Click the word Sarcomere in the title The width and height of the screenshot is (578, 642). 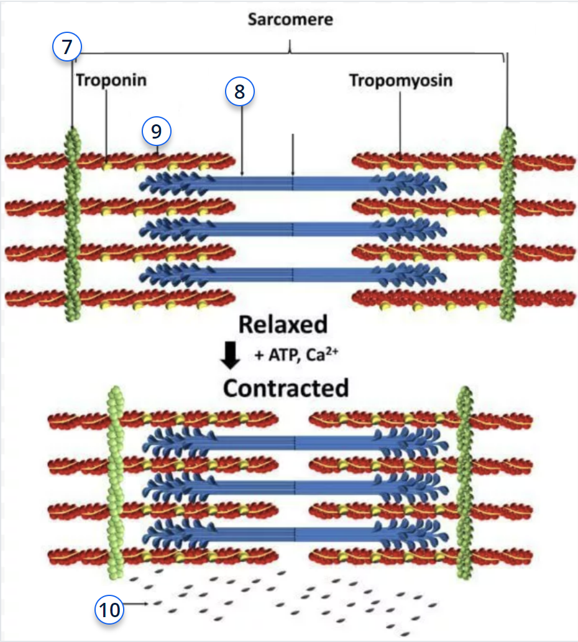(290, 19)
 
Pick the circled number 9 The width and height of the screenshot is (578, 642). (156, 131)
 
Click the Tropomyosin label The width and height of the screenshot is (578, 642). (400, 80)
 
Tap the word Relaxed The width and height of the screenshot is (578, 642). (282, 325)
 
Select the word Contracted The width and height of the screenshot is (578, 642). (286, 388)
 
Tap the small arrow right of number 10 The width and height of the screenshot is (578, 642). (140, 603)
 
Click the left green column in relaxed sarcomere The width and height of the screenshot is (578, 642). (73, 224)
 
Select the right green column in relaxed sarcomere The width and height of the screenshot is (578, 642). (508, 224)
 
